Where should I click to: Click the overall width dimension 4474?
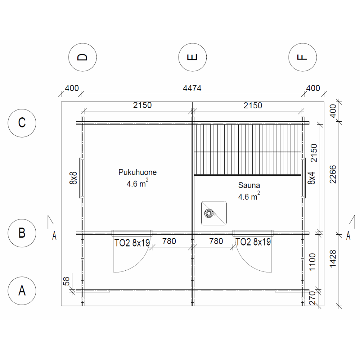(192, 88)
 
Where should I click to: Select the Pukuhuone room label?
(138, 172)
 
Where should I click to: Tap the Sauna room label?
(249, 185)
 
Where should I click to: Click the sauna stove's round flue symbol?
(209, 213)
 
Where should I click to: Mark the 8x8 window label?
(73, 178)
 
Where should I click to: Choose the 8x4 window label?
(311, 178)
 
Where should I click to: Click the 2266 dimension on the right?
(333, 174)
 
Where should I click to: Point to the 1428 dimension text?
(333, 259)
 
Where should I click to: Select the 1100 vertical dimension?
(312, 262)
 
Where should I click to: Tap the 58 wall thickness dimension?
(66, 281)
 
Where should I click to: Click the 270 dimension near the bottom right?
(312, 298)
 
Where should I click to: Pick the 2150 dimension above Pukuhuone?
(142, 105)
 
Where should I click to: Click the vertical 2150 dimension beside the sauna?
(314, 153)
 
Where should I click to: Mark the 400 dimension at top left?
(72, 88)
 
